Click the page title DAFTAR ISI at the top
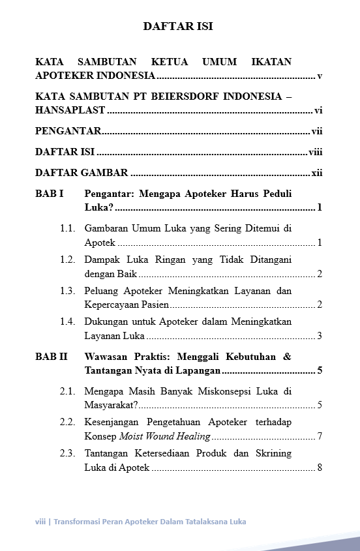pos(178,27)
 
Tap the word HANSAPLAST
pos(71,111)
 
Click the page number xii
pos(317,173)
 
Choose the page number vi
pos(318,111)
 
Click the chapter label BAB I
pos(49,194)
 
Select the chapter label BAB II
pos(51,357)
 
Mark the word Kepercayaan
pos(112,305)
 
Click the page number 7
pos(320,436)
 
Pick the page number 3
pos(320,336)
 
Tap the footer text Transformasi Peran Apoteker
pos(118,522)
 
